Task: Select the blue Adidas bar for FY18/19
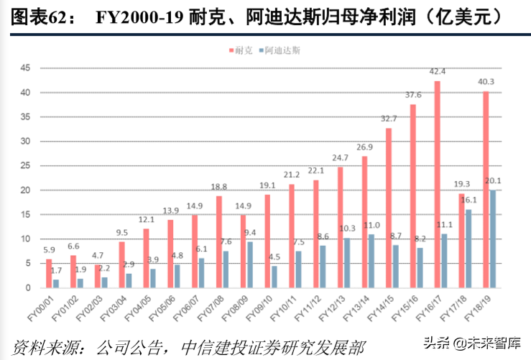[x=493, y=239]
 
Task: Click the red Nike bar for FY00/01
[x=49, y=273]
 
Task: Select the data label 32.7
[x=389, y=119]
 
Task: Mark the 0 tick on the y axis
[x=27, y=287]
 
